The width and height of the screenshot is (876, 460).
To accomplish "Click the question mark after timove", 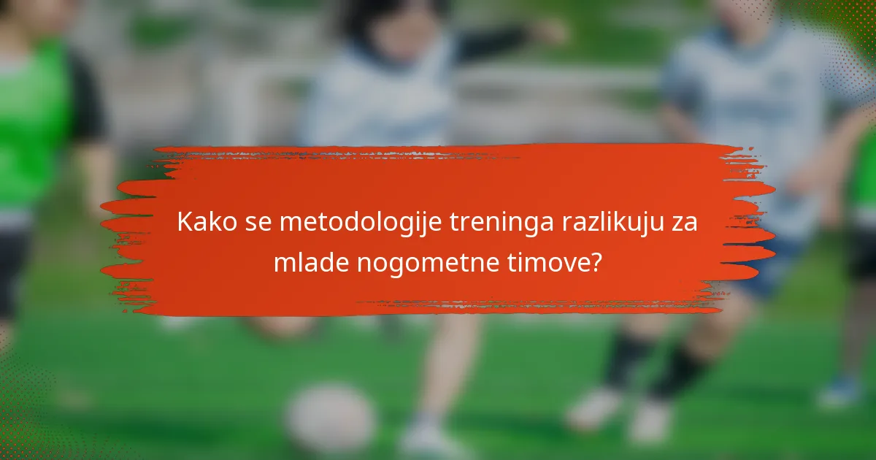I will coord(596,262).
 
